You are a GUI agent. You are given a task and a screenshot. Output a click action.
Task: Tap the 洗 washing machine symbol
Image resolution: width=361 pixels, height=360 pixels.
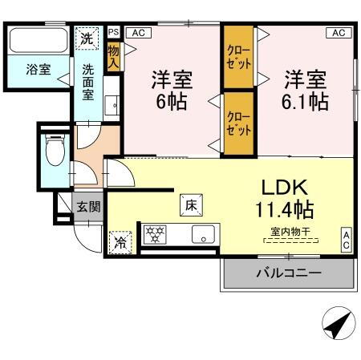click(x=86, y=38)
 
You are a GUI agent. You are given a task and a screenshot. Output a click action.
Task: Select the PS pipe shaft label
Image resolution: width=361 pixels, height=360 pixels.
click(x=113, y=32)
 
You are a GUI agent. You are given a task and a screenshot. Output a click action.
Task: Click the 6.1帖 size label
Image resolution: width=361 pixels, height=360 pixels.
click(x=305, y=103)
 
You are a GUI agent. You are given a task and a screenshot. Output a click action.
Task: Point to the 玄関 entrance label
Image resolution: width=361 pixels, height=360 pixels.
click(x=89, y=206)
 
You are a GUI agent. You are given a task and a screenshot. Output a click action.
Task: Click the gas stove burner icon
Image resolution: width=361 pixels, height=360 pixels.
click(x=154, y=235)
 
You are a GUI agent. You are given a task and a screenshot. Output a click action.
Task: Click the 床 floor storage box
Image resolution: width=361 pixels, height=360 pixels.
click(x=191, y=204)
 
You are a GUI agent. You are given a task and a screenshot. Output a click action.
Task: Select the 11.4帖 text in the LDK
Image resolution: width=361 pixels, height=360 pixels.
click(x=285, y=210)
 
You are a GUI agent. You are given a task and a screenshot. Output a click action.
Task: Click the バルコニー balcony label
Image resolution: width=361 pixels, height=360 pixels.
click(x=289, y=273)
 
